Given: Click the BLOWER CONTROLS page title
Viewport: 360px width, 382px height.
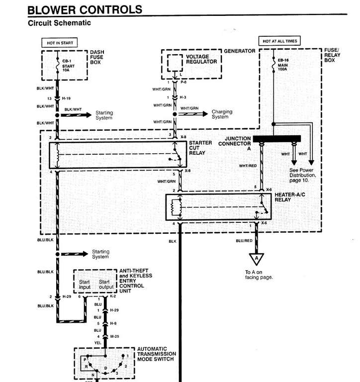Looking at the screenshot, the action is [85, 10].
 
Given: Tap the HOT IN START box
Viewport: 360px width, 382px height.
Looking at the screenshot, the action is [60, 43].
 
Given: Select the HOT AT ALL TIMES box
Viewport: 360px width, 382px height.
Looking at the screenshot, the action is [279, 41].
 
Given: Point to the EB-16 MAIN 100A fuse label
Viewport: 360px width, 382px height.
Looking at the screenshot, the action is [283, 65].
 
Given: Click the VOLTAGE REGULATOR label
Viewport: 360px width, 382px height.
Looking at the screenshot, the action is [201, 59].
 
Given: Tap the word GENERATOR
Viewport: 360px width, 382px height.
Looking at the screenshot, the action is [240, 51].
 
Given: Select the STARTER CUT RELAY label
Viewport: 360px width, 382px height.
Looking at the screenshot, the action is [200, 148].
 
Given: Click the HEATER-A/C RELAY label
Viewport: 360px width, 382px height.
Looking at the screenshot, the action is [289, 197].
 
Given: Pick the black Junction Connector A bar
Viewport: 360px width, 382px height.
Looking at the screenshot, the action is [277, 139].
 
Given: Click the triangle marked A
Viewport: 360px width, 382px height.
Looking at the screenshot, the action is [256, 259].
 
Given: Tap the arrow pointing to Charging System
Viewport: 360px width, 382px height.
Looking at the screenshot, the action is [192, 114].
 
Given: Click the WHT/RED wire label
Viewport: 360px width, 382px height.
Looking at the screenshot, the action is [248, 166].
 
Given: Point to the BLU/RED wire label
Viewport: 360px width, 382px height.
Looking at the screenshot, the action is [244, 241].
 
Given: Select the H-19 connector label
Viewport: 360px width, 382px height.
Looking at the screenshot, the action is [66, 98].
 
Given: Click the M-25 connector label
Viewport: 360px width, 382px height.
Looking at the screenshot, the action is [114, 336].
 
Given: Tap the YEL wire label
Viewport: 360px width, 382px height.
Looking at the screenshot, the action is [97, 343].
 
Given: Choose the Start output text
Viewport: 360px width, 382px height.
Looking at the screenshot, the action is [106, 285].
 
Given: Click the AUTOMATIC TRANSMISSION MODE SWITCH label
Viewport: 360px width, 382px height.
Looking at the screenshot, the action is [156, 354].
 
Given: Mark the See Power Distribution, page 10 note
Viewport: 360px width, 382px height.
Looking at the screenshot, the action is [302, 175].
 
